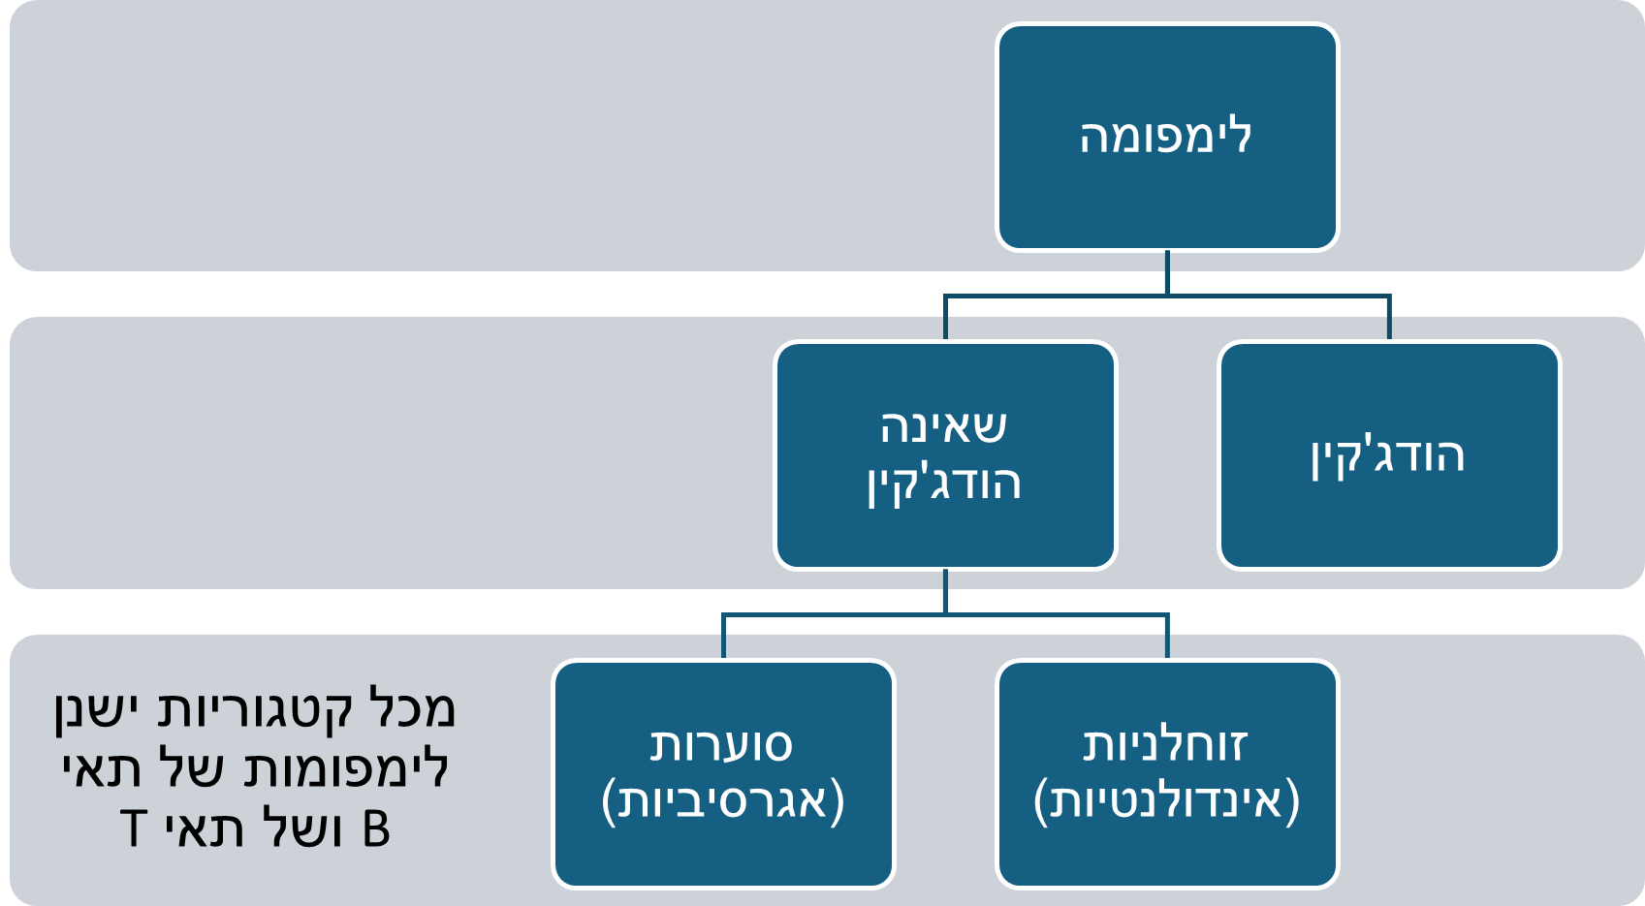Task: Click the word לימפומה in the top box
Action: (1166, 137)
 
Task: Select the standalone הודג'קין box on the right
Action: (1388, 455)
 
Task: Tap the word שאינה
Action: (943, 426)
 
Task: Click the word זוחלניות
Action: (1165, 744)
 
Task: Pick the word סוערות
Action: (721, 744)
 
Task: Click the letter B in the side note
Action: (376, 830)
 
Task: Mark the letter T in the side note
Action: (134, 830)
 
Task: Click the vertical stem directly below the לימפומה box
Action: (1167, 272)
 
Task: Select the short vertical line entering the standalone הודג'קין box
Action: (1389, 318)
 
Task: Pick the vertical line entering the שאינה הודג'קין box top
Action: (945, 318)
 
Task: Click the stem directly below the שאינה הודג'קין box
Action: (945, 591)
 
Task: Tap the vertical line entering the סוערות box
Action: (723, 638)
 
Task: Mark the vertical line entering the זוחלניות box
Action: (1167, 638)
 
